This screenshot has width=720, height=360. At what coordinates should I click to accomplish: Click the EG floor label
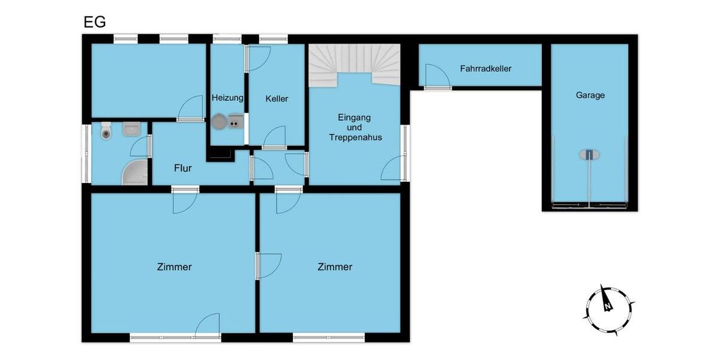click(x=94, y=22)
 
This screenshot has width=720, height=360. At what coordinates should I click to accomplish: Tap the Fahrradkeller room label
click(x=485, y=68)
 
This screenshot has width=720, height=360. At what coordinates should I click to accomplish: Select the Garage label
click(x=590, y=95)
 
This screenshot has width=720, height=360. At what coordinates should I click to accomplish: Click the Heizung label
click(x=227, y=98)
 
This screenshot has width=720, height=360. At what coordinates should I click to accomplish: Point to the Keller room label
click(x=277, y=98)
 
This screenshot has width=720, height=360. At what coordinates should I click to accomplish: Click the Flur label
click(x=182, y=168)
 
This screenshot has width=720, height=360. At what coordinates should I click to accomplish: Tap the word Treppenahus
click(x=355, y=137)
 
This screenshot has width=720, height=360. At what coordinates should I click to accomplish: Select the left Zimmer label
click(x=174, y=266)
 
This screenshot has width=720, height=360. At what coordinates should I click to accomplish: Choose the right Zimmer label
click(x=335, y=266)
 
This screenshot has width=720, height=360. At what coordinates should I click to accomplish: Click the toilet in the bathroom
click(x=106, y=130)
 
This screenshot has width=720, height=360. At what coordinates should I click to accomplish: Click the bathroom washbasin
click(x=131, y=128)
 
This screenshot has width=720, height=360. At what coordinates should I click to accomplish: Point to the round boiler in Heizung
click(x=218, y=121)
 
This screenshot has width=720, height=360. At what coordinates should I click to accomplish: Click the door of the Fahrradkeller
click(x=437, y=77)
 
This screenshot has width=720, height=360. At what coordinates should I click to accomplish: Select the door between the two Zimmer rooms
click(x=268, y=266)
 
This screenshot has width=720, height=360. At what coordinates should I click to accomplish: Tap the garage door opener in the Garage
click(x=589, y=154)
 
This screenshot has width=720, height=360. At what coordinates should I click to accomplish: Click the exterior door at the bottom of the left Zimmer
click(x=208, y=326)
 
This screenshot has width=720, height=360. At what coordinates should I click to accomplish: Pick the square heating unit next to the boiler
click(x=235, y=121)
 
